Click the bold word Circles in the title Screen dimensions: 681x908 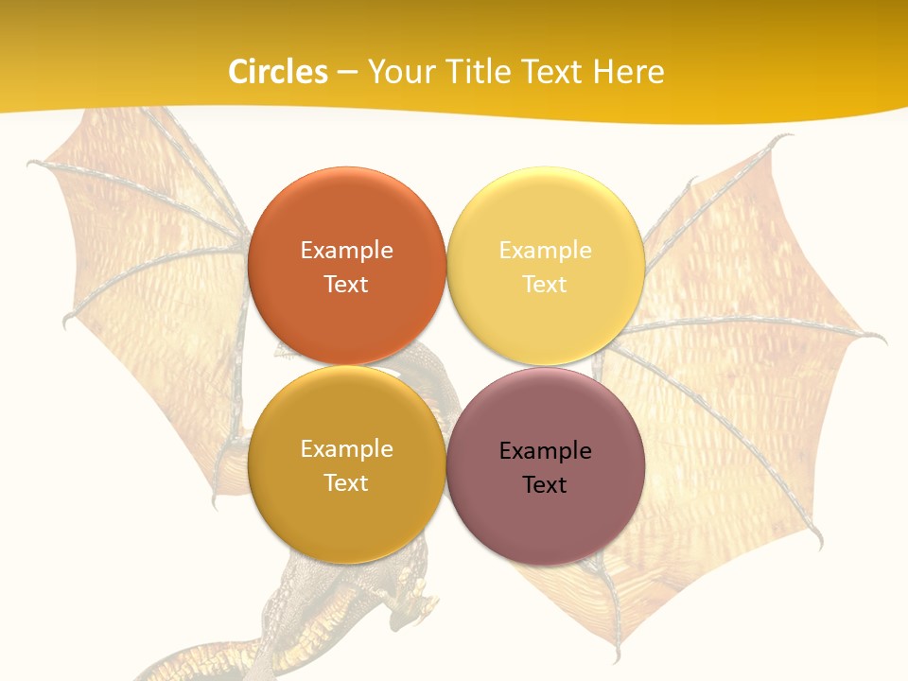click(278, 72)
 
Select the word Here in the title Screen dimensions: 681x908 click(629, 72)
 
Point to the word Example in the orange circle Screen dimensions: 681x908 click(346, 250)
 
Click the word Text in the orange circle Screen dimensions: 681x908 click(346, 284)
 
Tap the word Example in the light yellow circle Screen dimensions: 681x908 click(545, 250)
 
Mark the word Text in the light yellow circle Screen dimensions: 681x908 click(545, 284)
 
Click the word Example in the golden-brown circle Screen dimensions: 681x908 click(346, 448)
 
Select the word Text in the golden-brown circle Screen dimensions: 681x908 click(346, 482)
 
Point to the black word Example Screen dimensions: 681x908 click(545, 450)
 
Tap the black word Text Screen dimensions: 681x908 click(545, 484)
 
